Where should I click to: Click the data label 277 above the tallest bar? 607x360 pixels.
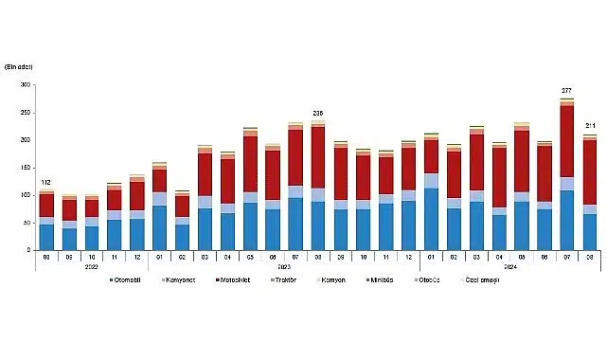566,90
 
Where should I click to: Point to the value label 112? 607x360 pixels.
46,183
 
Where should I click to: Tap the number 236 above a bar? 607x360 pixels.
317,113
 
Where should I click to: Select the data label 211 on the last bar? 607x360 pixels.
590,126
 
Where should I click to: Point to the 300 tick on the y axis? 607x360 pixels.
26,85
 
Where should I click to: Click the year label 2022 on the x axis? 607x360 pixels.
92,267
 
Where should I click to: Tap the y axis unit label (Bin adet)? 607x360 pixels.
20,66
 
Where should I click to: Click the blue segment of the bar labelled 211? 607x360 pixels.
590,231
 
